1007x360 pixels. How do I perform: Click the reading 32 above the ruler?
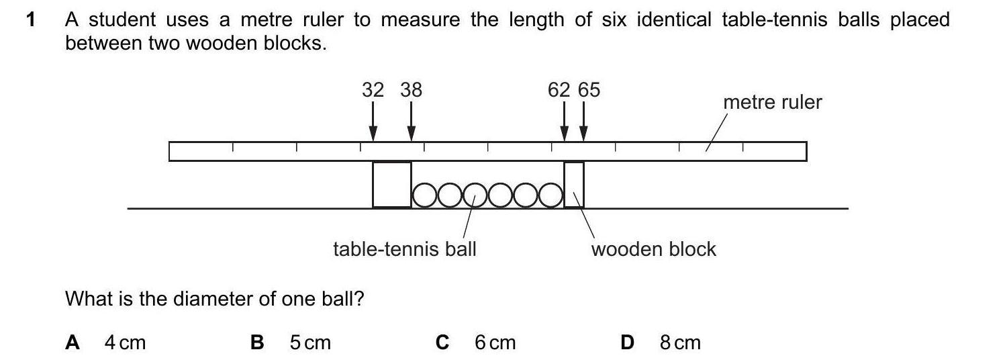coord(373,90)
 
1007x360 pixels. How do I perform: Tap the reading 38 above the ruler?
coord(411,90)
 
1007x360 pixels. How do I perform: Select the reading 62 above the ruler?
coord(559,90)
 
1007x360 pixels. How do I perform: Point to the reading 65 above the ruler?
coord(589,90)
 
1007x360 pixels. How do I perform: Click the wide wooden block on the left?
coord(392,185)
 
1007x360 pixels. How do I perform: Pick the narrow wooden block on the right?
coord(574,185)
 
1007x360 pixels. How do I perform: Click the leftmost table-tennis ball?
coord(424,195)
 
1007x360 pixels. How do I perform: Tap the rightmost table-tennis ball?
coord(550,195)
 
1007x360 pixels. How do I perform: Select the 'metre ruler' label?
coord(772,103)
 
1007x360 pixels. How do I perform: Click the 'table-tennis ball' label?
coord(405,249)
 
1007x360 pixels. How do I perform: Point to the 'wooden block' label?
coord(653,249)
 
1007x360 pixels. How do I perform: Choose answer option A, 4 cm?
coord(106,343)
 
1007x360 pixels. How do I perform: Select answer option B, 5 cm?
coord(291,343)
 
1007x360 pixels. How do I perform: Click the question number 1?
coord(30,20)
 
